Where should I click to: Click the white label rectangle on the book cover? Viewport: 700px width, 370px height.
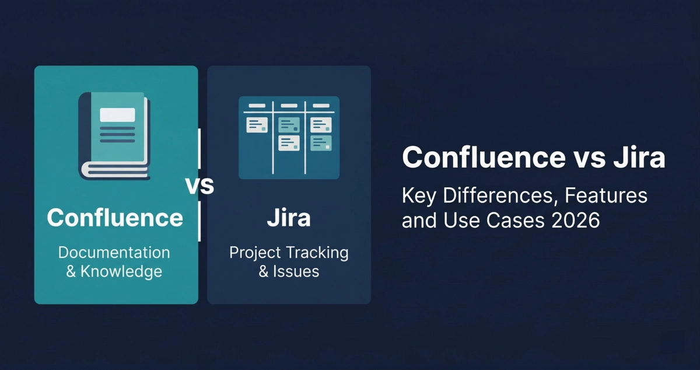pyautogui.click(x=117, y=115)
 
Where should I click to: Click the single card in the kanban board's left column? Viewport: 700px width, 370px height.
pyautogui.click(x=257, y=125)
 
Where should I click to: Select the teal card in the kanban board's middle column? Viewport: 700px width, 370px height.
pyautogui.click(x=289, y=124)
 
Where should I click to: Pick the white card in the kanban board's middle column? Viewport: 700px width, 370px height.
pyautogui.click(x=289, y=143)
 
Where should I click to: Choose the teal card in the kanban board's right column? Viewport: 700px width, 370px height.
pyautogui.click(x=321, y=143)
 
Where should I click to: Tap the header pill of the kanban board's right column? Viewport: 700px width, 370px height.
pyautogui.click(x=321, y=106)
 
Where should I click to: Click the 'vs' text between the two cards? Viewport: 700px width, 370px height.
pyautogui.click(x=199, y=186)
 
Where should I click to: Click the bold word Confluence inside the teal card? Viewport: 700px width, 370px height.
pyautogui.click(x=115, y=218)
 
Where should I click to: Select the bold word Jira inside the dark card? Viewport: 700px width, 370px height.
pyautogui.click(x=289, y=218)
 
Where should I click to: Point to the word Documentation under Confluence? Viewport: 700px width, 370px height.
pyautogui.click(x=114, y=253)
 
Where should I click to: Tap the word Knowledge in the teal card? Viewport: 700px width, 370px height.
pyautogui.click(x=121, y=271)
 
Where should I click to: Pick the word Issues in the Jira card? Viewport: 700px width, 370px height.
pyautogui.click(x=296, y=271)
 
